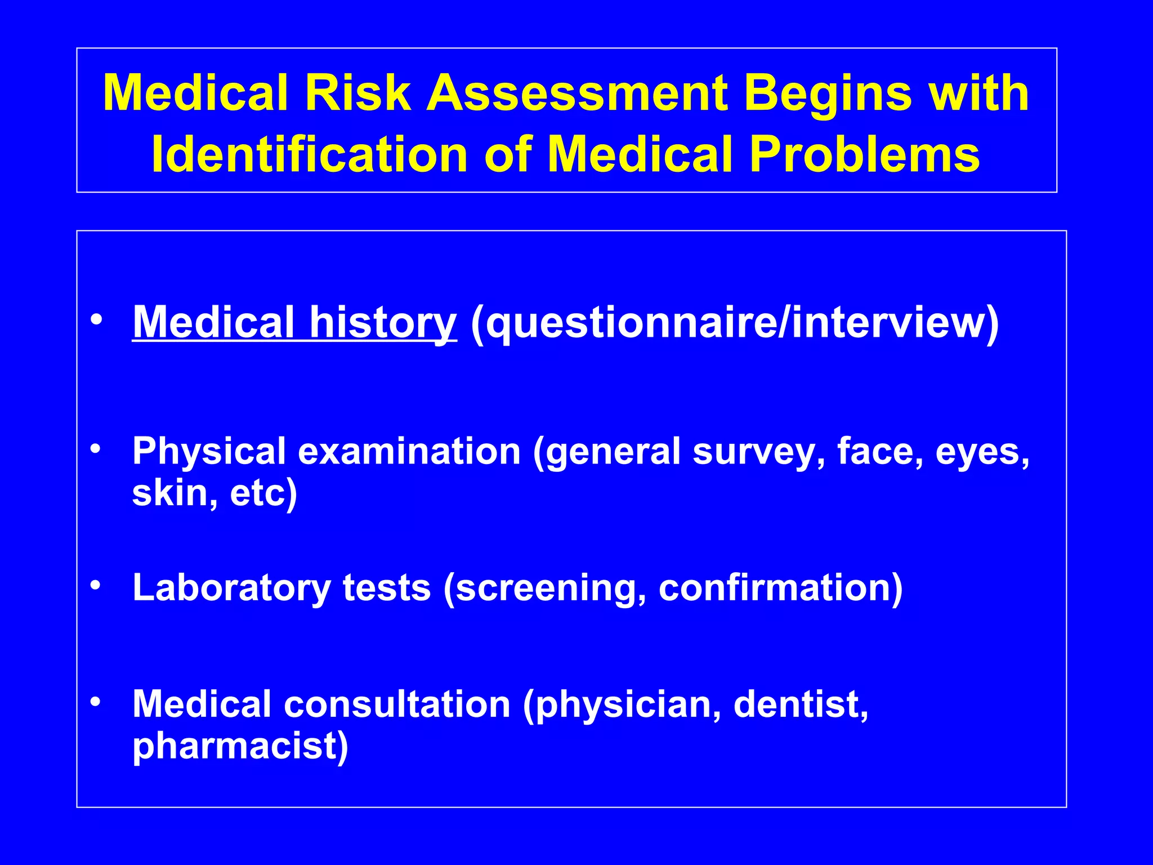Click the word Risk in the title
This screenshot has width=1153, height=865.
coord(357,93)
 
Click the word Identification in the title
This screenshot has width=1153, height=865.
coord(310,154)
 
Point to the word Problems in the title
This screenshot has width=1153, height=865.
coord(865,154)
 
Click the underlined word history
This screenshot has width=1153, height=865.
coord(383,322)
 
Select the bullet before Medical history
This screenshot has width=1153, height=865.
coord(96,319)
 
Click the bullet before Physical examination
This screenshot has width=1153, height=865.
coord(96,449)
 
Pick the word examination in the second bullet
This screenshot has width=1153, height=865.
coord(409,452)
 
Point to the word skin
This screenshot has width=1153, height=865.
coord(170,493)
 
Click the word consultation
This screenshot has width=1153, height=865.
coord(397,705)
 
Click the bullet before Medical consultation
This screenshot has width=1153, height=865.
coord(96,702)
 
